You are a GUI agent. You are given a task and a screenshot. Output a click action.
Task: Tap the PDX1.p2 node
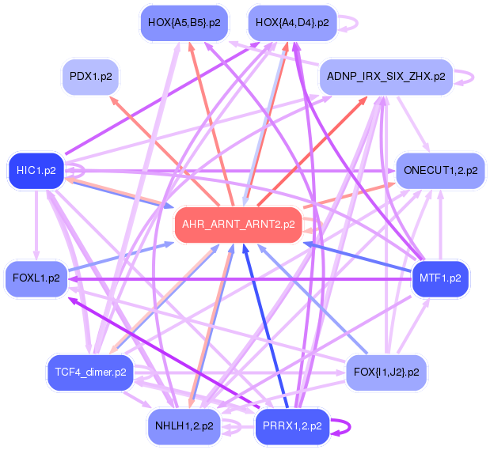(x=91, y=78)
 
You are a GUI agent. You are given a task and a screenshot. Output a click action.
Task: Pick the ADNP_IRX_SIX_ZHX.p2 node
(x=386, y=78)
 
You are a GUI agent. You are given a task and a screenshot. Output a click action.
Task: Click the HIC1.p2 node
(x=36, y=170)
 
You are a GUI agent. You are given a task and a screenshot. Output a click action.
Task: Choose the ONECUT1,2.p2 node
(x=440, y=170)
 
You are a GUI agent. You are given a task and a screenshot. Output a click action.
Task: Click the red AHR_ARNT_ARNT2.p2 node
(x=238, y=224)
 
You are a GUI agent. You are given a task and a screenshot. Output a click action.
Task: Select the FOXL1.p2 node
(x=36, y=278)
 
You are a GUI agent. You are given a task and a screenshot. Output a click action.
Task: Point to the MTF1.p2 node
(x=441, y=278)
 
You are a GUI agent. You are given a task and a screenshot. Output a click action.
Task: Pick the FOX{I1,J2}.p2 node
(x=386, y=370)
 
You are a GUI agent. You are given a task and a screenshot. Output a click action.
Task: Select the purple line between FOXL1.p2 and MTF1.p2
(x=237, y=279)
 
